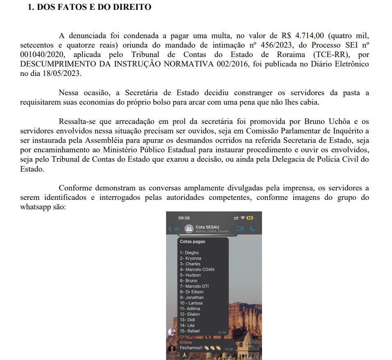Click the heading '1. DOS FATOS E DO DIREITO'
(89, 7)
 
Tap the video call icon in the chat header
(240, 229)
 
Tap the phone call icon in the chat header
(252, 229)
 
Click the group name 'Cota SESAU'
(207, 227)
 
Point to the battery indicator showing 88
(249, 218)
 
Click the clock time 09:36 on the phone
(185, 218)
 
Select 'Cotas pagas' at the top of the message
(192, 241)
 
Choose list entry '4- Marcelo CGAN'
(197, 269)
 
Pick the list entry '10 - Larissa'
(191, 303)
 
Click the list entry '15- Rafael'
(190, 331)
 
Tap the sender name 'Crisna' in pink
(186, 342)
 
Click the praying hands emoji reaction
(185, 354)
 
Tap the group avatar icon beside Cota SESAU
(189, 229)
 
